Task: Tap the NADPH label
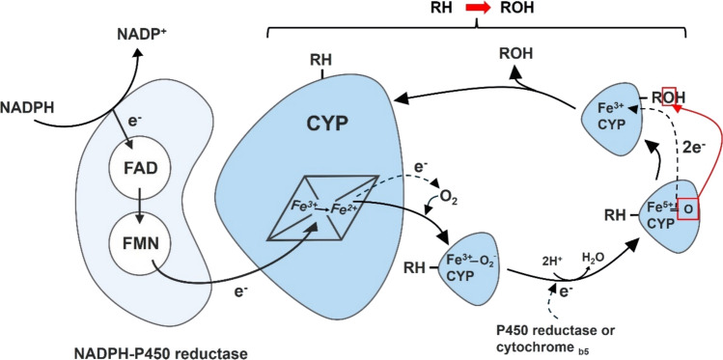click(x=27, y=109)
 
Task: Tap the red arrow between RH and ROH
click(x=476, y=8)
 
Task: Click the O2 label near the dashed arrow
click(x=448, y=202)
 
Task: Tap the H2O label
click(x=594, y=257)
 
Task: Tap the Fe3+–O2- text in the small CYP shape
click(x=470, y=258)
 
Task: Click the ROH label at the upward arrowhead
click(x=516, y=53)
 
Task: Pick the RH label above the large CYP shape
click(x=322, y=60)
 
